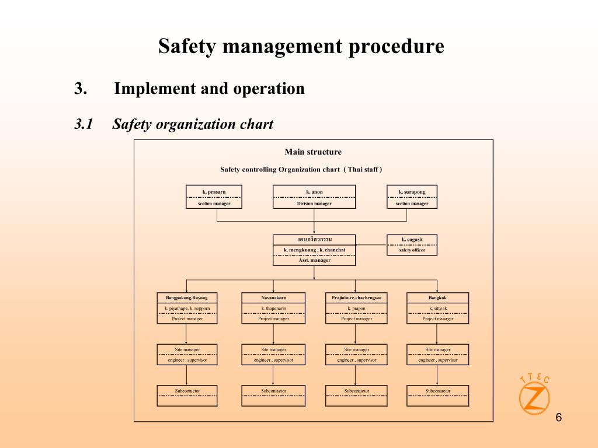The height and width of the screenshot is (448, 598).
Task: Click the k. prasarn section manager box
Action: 214,197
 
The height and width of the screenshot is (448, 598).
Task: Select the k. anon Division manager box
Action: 314,197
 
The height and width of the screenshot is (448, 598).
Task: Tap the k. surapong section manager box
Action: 412,197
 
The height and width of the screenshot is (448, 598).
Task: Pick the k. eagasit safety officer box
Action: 412,245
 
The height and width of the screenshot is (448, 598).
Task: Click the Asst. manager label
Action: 315,260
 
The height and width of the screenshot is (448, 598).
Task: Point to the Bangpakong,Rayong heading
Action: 187,298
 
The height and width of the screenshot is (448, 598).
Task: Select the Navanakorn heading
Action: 273,298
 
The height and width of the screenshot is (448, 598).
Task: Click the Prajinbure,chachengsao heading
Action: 357,298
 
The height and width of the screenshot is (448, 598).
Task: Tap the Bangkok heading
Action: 437,298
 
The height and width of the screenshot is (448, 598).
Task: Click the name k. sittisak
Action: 438,308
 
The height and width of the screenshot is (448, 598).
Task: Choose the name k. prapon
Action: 357,308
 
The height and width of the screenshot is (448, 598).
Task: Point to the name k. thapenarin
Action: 273,308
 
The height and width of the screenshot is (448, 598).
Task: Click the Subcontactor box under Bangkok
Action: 438,396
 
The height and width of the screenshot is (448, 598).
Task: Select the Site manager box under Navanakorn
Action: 273,355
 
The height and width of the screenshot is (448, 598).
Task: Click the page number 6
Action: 559,418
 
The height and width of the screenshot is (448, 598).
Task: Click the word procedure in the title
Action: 397,47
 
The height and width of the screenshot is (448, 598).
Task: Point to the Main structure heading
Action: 313,152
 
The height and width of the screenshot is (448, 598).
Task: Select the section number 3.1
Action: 84,124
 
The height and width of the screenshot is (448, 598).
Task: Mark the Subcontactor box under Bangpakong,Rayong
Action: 187,396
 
